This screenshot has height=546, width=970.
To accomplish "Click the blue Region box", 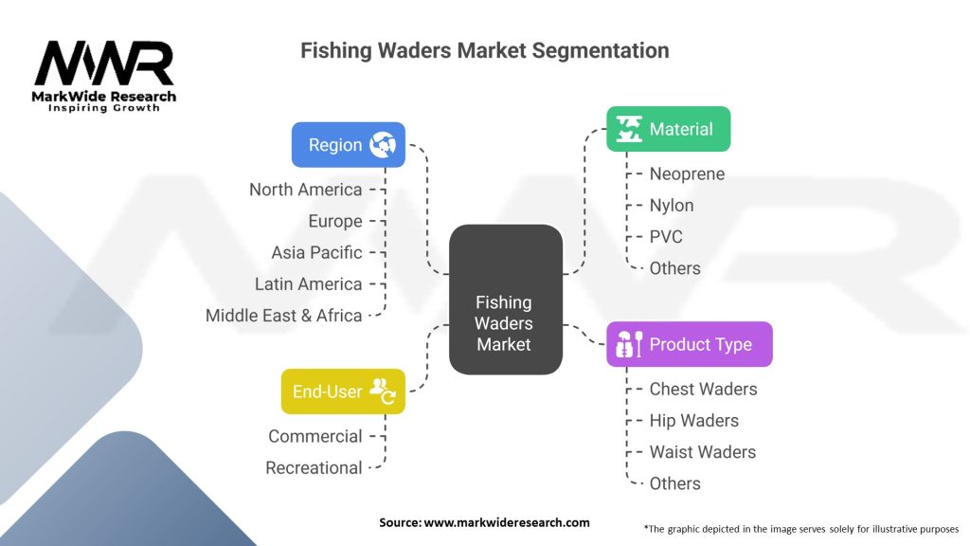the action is click(349, 145).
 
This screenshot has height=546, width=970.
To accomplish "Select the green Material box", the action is click(668, 129).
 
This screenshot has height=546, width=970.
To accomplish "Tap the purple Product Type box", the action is click(690, 344).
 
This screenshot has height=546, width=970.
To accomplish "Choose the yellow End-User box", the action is click(343, 391).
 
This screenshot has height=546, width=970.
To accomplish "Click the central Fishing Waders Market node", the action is click(506, 300).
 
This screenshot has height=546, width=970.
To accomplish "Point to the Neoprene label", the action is click(687, 174).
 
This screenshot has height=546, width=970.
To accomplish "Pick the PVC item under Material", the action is click(666, 237).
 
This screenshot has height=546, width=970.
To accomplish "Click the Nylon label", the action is click(672, 206).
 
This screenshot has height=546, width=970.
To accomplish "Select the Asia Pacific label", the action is click(316, 252).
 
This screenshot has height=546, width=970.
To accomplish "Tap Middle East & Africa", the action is click(284, 316).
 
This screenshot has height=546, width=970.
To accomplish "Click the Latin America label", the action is click(309, 284).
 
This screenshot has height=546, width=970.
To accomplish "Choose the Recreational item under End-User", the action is click(314, 468).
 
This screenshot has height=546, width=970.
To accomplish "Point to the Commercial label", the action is click(315, 436).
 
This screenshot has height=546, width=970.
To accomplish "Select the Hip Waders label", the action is click(694, 421).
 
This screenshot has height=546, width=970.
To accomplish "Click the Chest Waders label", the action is click(704, 390).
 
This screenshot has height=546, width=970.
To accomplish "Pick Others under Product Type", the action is click(674, 483).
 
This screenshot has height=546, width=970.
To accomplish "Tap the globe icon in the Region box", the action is click(383, 145).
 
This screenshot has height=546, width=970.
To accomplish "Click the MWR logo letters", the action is click(104, 64).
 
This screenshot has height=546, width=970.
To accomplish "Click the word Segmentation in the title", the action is click(600, 50).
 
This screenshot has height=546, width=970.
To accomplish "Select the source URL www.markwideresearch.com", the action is click(507, 522).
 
